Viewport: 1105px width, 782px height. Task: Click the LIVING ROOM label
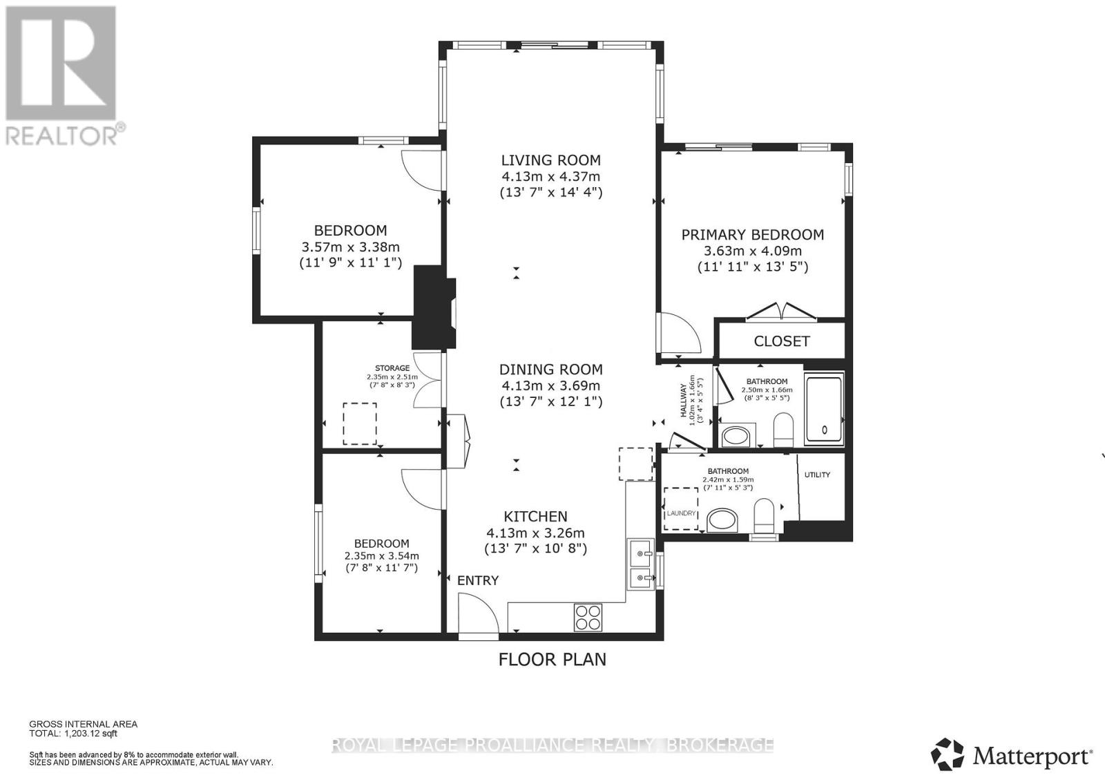pos(550,160)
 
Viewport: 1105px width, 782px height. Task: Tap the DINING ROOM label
pos(550,370)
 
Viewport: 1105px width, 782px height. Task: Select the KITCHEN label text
pos(535,516)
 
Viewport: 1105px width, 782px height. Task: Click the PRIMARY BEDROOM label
pos(752,235)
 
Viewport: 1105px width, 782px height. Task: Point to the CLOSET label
pos(781,341)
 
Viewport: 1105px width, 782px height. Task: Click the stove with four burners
pos(588,616)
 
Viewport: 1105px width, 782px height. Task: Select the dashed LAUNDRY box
pos(681,508)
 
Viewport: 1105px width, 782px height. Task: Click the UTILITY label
pos(817,475)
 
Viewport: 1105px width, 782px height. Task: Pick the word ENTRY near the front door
pos(478,580)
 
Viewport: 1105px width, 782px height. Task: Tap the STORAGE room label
pos(392,368)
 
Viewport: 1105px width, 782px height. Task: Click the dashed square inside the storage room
pos(360,423)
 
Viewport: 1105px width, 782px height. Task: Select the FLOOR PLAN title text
pos(552,659)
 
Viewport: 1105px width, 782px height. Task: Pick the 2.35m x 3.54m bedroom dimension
pos(381,555)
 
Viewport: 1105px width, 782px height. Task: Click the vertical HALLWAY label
pos(684,401)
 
